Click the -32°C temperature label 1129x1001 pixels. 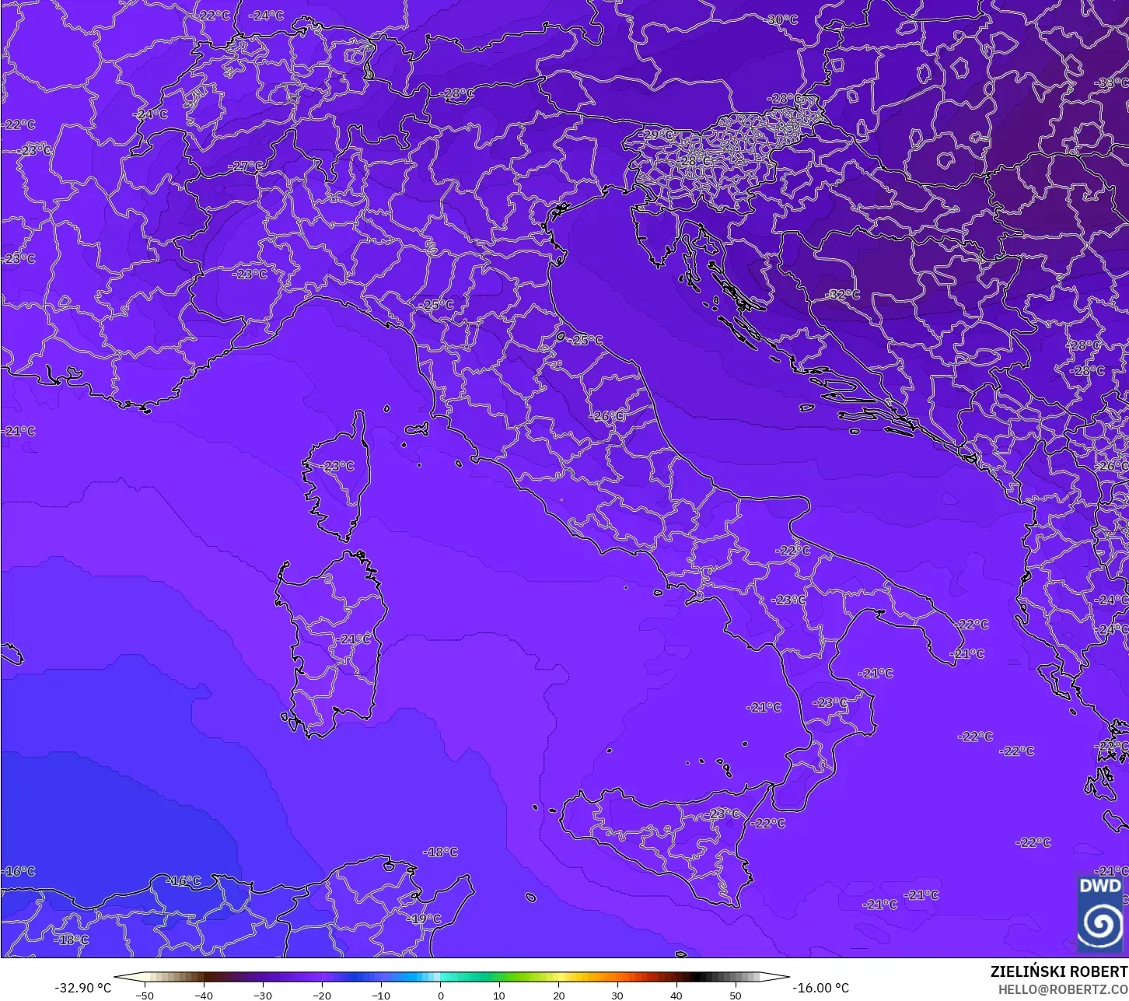click(x=843, y=295)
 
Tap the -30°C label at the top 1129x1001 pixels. click(x=781, y=19)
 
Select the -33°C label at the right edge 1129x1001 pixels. click(x=1111, y=83)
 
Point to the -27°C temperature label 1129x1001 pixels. click(x=246, y=166)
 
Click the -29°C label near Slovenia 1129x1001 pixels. click(x=655, y=135)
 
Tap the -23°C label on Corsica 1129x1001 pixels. click(x=337, y=466)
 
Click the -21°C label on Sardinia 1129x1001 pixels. click(x=355, y=639)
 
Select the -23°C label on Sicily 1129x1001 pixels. click(x=723, y=814)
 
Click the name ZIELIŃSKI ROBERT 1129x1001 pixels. click(x=1058, y=971)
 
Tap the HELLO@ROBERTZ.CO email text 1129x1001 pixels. click(x=1063, y=989)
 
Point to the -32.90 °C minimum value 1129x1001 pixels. click(x=82, y=988)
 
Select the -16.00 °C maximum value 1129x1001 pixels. click(x=821, y=988)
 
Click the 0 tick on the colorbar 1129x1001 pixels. click(x=440, y=995)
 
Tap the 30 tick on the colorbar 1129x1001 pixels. click(x=617, y=995)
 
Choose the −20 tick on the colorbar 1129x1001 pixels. click(x=321, y=995)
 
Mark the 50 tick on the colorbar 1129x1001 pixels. click(x=735, y=995)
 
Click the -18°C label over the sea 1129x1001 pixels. click(x=440, y=852)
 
